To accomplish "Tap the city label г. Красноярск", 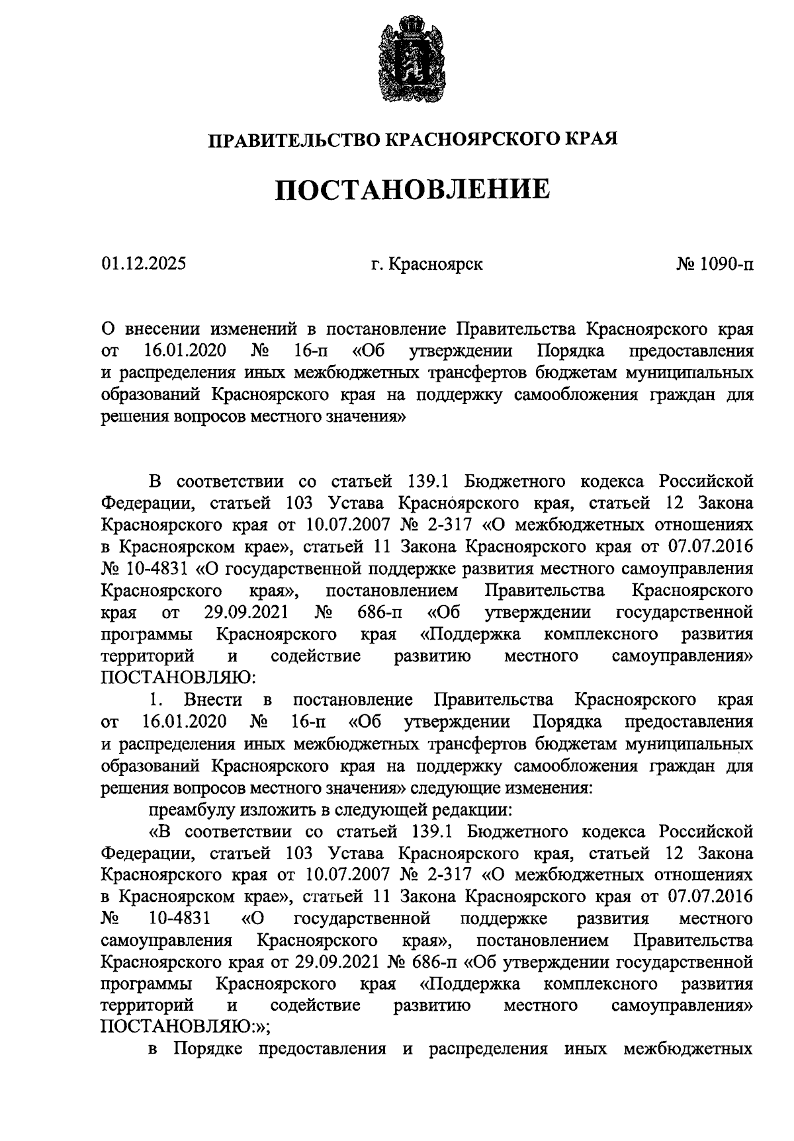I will pos(427,265).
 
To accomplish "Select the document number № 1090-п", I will pos(715,265).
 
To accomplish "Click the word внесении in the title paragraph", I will pos(161,329).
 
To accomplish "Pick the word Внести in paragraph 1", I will pos(214,699).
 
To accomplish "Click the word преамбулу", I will pos(189,809).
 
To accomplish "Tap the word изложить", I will pos(268,809).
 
